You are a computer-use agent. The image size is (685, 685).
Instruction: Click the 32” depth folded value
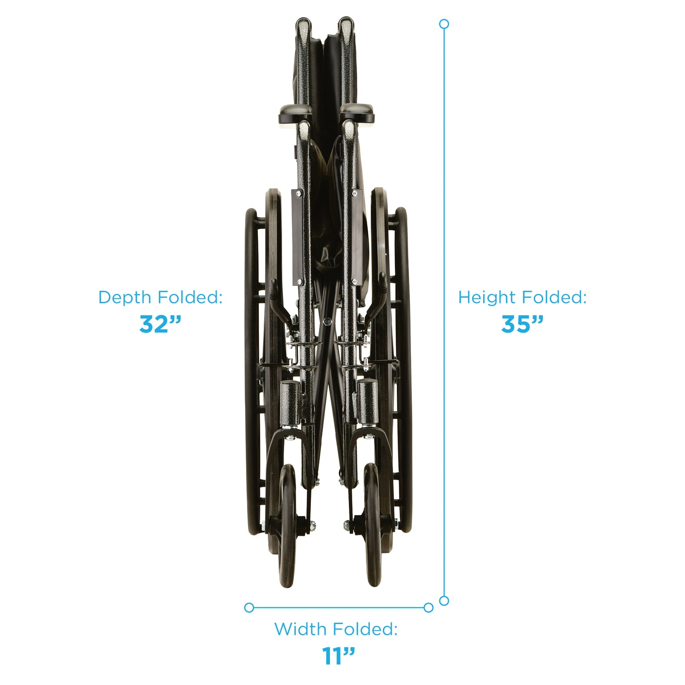pos(160,324)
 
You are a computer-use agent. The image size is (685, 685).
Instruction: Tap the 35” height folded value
pos(522,324)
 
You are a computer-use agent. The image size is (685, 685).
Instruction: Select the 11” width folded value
pos(338,656)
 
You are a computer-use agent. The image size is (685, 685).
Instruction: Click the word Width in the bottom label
pos(300,630)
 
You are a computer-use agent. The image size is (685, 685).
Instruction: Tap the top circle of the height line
pos(444,24)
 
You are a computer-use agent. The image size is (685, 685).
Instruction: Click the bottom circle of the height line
pos(444,601)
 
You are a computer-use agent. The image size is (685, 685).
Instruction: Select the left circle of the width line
pos(249,607)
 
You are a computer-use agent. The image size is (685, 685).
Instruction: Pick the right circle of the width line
pos(428,607)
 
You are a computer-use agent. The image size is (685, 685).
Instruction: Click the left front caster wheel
pos(287,526)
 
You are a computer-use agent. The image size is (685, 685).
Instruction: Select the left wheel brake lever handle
pos(274,292)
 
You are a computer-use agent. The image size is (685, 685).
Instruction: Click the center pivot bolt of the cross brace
pos(327,321)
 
